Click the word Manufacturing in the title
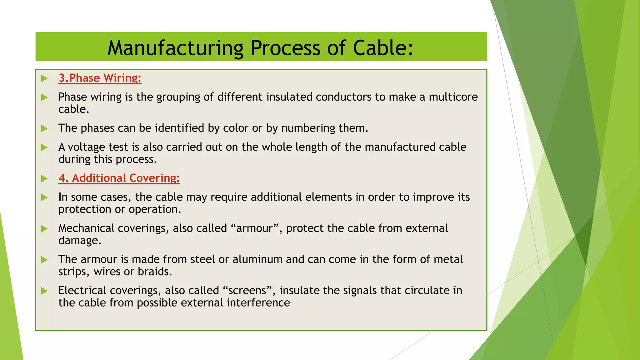[x=175, y=48]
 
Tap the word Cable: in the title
[x=383, y=48]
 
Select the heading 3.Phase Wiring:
[x=100, y=78]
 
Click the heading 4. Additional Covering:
[x=119, y=178]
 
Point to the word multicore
[x=453, y=97]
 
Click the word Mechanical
[x=86, y=228]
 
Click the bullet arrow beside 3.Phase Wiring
[x=44, y=78]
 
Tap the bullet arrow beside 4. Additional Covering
[x=44, y=178]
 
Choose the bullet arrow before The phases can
[x=44, y=128]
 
